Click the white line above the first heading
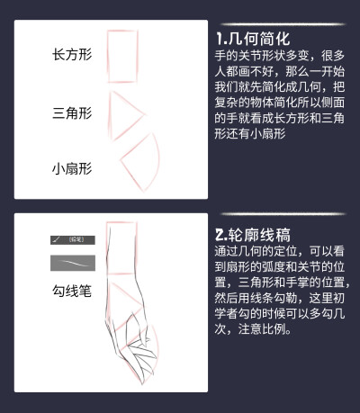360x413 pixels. tap(279, 24)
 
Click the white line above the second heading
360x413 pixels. tap(279, 213)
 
